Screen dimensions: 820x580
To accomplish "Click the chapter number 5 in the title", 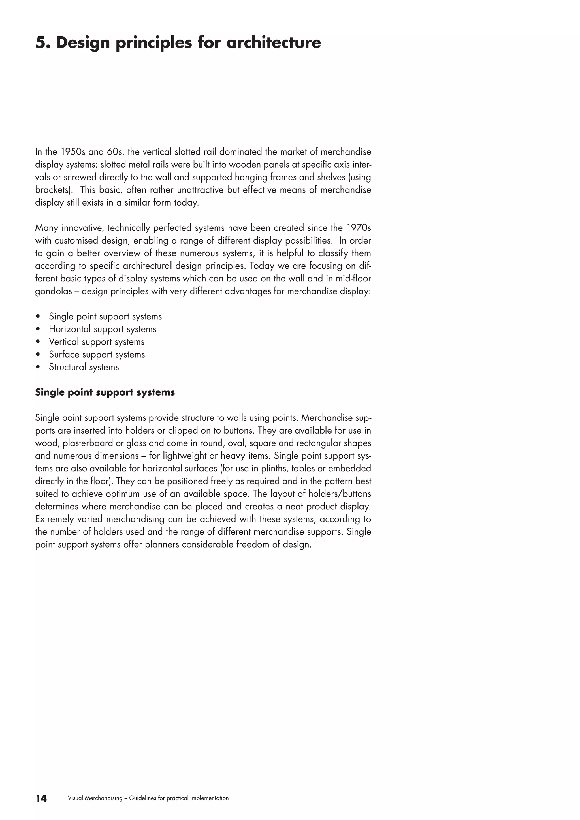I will tap(40, 43).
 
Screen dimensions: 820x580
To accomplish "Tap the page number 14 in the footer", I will tap(41, 798).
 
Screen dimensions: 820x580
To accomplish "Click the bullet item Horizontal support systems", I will tap(103, 329).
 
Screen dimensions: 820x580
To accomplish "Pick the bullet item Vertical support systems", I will tap(96, 342).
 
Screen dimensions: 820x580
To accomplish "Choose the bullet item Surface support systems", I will tap(97, 355).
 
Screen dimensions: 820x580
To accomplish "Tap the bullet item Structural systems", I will tap(84, 367).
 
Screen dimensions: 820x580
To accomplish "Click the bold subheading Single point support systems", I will tap(105, 392).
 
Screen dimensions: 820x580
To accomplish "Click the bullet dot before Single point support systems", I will tap(38, 317).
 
